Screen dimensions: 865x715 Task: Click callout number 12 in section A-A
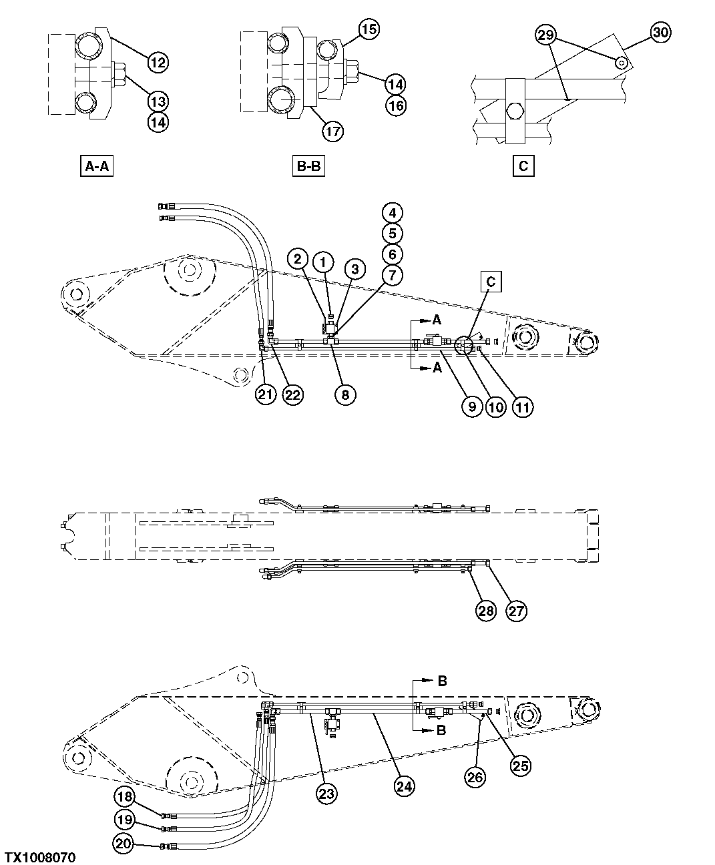point(158,63)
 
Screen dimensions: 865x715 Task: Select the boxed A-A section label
point(96,166)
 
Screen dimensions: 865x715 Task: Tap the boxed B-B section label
point(308,166)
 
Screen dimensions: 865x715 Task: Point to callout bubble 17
point(332,131)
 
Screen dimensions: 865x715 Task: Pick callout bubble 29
point(546,35)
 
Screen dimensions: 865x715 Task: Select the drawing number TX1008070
point(40,856)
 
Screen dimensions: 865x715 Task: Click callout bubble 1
point(324,261)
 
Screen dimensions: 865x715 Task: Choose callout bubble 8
point(345,394)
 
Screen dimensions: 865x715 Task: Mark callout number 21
point(266,394)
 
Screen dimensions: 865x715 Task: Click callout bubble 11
point(522,407)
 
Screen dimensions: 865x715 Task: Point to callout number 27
point(515,610)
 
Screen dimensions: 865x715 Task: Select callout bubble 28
point(486,610)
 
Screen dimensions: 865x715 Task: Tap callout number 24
point(404,786)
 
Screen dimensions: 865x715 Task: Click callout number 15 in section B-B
point(369,29)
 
